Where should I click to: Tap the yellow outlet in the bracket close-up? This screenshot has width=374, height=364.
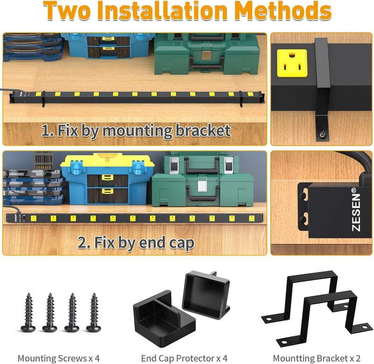(x=292, y=63)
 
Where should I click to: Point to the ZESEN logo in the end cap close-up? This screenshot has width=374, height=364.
(x=356, y=210)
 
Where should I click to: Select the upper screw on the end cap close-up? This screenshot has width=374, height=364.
(x=303, y=196)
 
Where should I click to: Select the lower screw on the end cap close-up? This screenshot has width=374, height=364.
(x=303, y=219)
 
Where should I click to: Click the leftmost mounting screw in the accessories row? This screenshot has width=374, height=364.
(x=29, y=312)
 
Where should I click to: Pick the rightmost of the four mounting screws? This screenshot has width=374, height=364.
(x=94, y=312)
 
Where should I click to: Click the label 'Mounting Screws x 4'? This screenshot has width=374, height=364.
(x=59, y=358)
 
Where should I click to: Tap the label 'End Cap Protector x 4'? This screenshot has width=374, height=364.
(x=184, y=358)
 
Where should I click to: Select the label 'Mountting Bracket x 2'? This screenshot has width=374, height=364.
(x=316, y=358)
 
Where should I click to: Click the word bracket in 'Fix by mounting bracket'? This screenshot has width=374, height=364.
(x=203, y=131)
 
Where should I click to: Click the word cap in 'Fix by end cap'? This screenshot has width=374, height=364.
(x=181, y=243)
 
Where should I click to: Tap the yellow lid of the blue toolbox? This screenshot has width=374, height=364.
(x=107, y=160)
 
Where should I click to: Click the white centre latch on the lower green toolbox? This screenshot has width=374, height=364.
(x=202, y=186)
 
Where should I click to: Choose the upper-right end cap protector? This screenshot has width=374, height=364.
(x=206, y=295)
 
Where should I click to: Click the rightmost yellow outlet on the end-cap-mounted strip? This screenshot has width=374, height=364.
(x=252, y=218)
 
